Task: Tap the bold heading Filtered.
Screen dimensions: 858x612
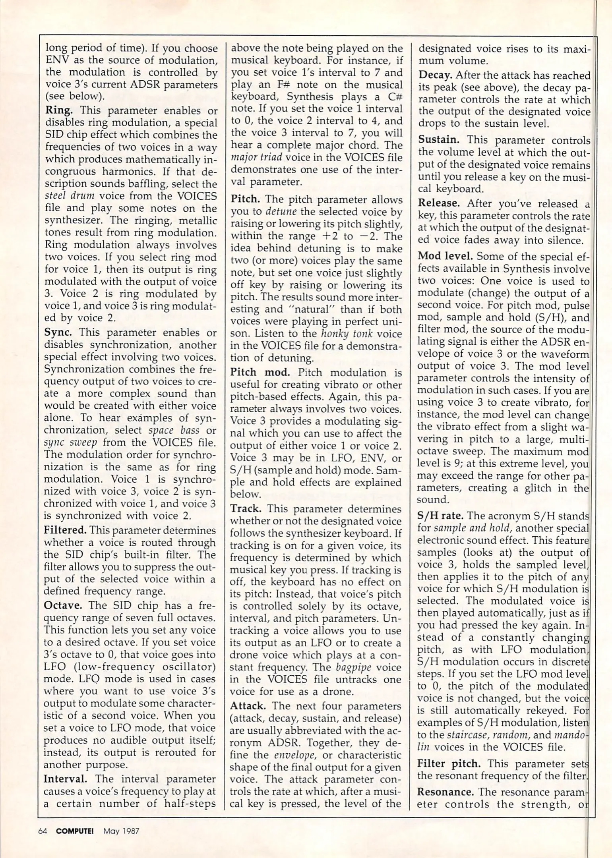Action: tap(65, 530)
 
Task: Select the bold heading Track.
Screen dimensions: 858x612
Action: tap(246, 508)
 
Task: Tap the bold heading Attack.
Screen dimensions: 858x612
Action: tap(248, 706)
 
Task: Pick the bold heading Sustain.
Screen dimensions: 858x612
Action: tap(439, 139)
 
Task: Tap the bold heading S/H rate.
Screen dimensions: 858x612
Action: tap(440, 516)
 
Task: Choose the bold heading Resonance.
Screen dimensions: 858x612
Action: tap(445, 792)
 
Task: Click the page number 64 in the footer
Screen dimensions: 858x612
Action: tap(43, 831)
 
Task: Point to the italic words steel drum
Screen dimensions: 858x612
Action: tap(69, 196)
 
